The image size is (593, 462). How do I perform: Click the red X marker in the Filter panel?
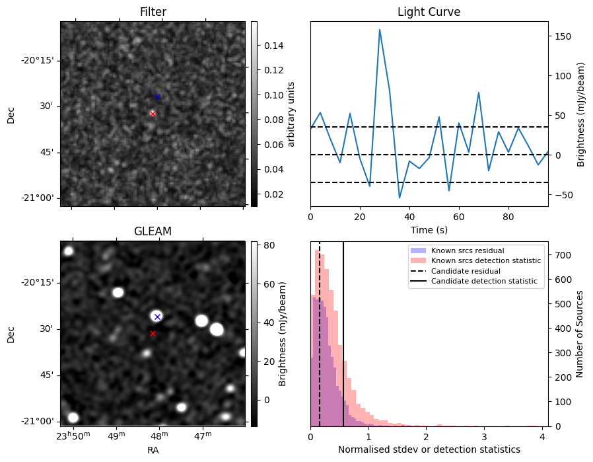tap(153, 114)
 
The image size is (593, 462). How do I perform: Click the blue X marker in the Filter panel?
tap(158, 97)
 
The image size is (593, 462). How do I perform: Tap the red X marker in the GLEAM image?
tap(153, 333)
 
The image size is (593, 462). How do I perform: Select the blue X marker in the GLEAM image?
tap(158, 317)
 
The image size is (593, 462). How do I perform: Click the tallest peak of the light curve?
tap(379, 30)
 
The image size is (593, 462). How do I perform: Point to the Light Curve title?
tap(429, 12)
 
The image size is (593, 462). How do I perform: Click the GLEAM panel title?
tap(153, 231)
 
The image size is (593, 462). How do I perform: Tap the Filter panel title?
tap(153, 12)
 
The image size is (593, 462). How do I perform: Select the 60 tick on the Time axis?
tap(459, 217)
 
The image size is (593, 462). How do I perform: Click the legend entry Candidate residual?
tap(466, 271)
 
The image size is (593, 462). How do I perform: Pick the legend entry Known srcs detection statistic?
tap(486, 260)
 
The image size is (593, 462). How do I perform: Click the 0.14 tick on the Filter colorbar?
tap(274, 46)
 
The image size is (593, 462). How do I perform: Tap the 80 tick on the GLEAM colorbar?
tap(269, 245)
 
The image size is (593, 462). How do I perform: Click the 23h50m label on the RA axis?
tap(73, 436)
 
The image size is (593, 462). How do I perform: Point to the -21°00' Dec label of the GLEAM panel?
tap(40, 422)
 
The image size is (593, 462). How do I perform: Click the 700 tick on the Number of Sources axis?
tap(563, 255)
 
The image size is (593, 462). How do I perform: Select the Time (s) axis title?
tap(429, 229)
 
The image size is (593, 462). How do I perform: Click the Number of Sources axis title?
tap(579, 334)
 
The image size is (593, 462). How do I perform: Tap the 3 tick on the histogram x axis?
tap(484, 436)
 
